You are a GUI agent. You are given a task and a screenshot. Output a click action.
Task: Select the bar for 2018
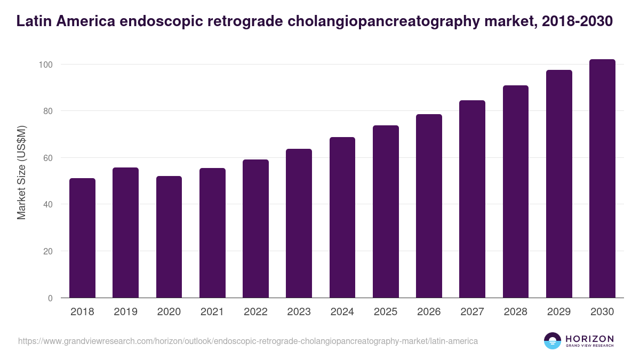82,238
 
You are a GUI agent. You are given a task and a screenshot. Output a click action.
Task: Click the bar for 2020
169,237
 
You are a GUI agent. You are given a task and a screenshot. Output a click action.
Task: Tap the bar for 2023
299,223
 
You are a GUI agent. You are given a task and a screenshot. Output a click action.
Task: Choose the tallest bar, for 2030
602,179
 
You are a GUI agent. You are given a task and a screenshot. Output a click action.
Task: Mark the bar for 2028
516,191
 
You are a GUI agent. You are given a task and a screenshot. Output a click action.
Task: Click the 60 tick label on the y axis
48,158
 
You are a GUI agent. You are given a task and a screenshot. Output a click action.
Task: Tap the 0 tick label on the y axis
50,298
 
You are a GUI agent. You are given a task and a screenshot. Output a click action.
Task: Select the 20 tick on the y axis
48,251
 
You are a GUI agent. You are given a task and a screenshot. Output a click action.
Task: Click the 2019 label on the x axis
125,312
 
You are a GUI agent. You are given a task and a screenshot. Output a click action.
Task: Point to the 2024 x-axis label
342,312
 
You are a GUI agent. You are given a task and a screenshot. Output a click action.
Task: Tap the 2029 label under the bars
559,312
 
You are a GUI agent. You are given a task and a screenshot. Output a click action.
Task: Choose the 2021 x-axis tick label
212,312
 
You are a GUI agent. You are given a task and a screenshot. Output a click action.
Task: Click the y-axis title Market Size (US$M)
21,173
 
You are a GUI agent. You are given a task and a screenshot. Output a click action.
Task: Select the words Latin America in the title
63,21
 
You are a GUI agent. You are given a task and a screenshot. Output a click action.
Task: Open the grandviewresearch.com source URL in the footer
248,341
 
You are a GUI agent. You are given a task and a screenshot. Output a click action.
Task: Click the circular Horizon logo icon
553,341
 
